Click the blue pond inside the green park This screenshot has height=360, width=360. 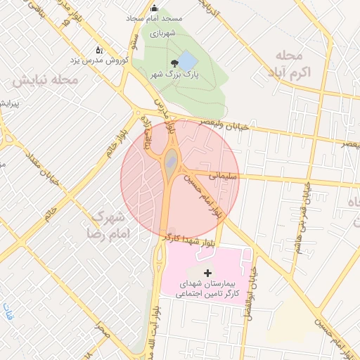coord(187,59)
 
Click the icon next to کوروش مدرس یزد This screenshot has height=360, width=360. coord(99,50)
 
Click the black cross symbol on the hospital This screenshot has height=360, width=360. coord(207,272)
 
